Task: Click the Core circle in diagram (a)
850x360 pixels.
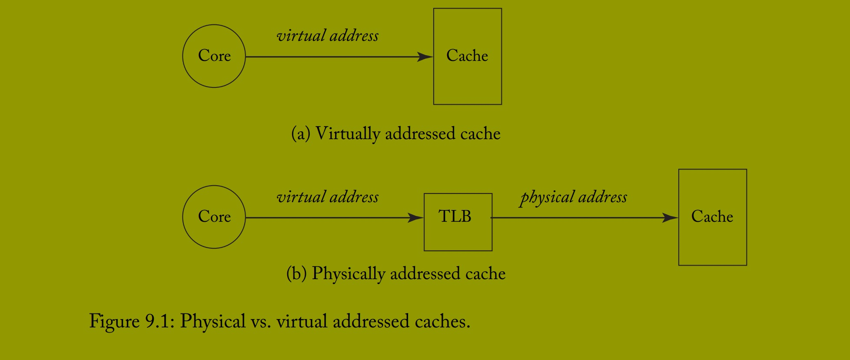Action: tap(214, 56)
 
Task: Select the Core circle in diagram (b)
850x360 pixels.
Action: tap(214, 217)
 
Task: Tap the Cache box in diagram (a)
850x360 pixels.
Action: tap(468, 56)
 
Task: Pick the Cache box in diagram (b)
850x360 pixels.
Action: tap(712, 217)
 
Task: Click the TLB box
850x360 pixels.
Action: tap(458, 222)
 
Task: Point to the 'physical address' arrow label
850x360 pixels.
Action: tap(574, 197)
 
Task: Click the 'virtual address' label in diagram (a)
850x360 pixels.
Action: tap(328, 36)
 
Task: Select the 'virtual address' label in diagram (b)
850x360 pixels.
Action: tap(328, 197)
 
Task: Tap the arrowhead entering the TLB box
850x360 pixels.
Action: tap(416, 217)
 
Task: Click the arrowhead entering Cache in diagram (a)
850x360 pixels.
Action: tap(425, 57)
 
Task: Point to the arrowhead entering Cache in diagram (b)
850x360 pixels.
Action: tap(671, 217)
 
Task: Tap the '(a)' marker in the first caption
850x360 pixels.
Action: tap(301, 134)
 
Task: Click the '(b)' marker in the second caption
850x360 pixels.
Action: tap(296, 274)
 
